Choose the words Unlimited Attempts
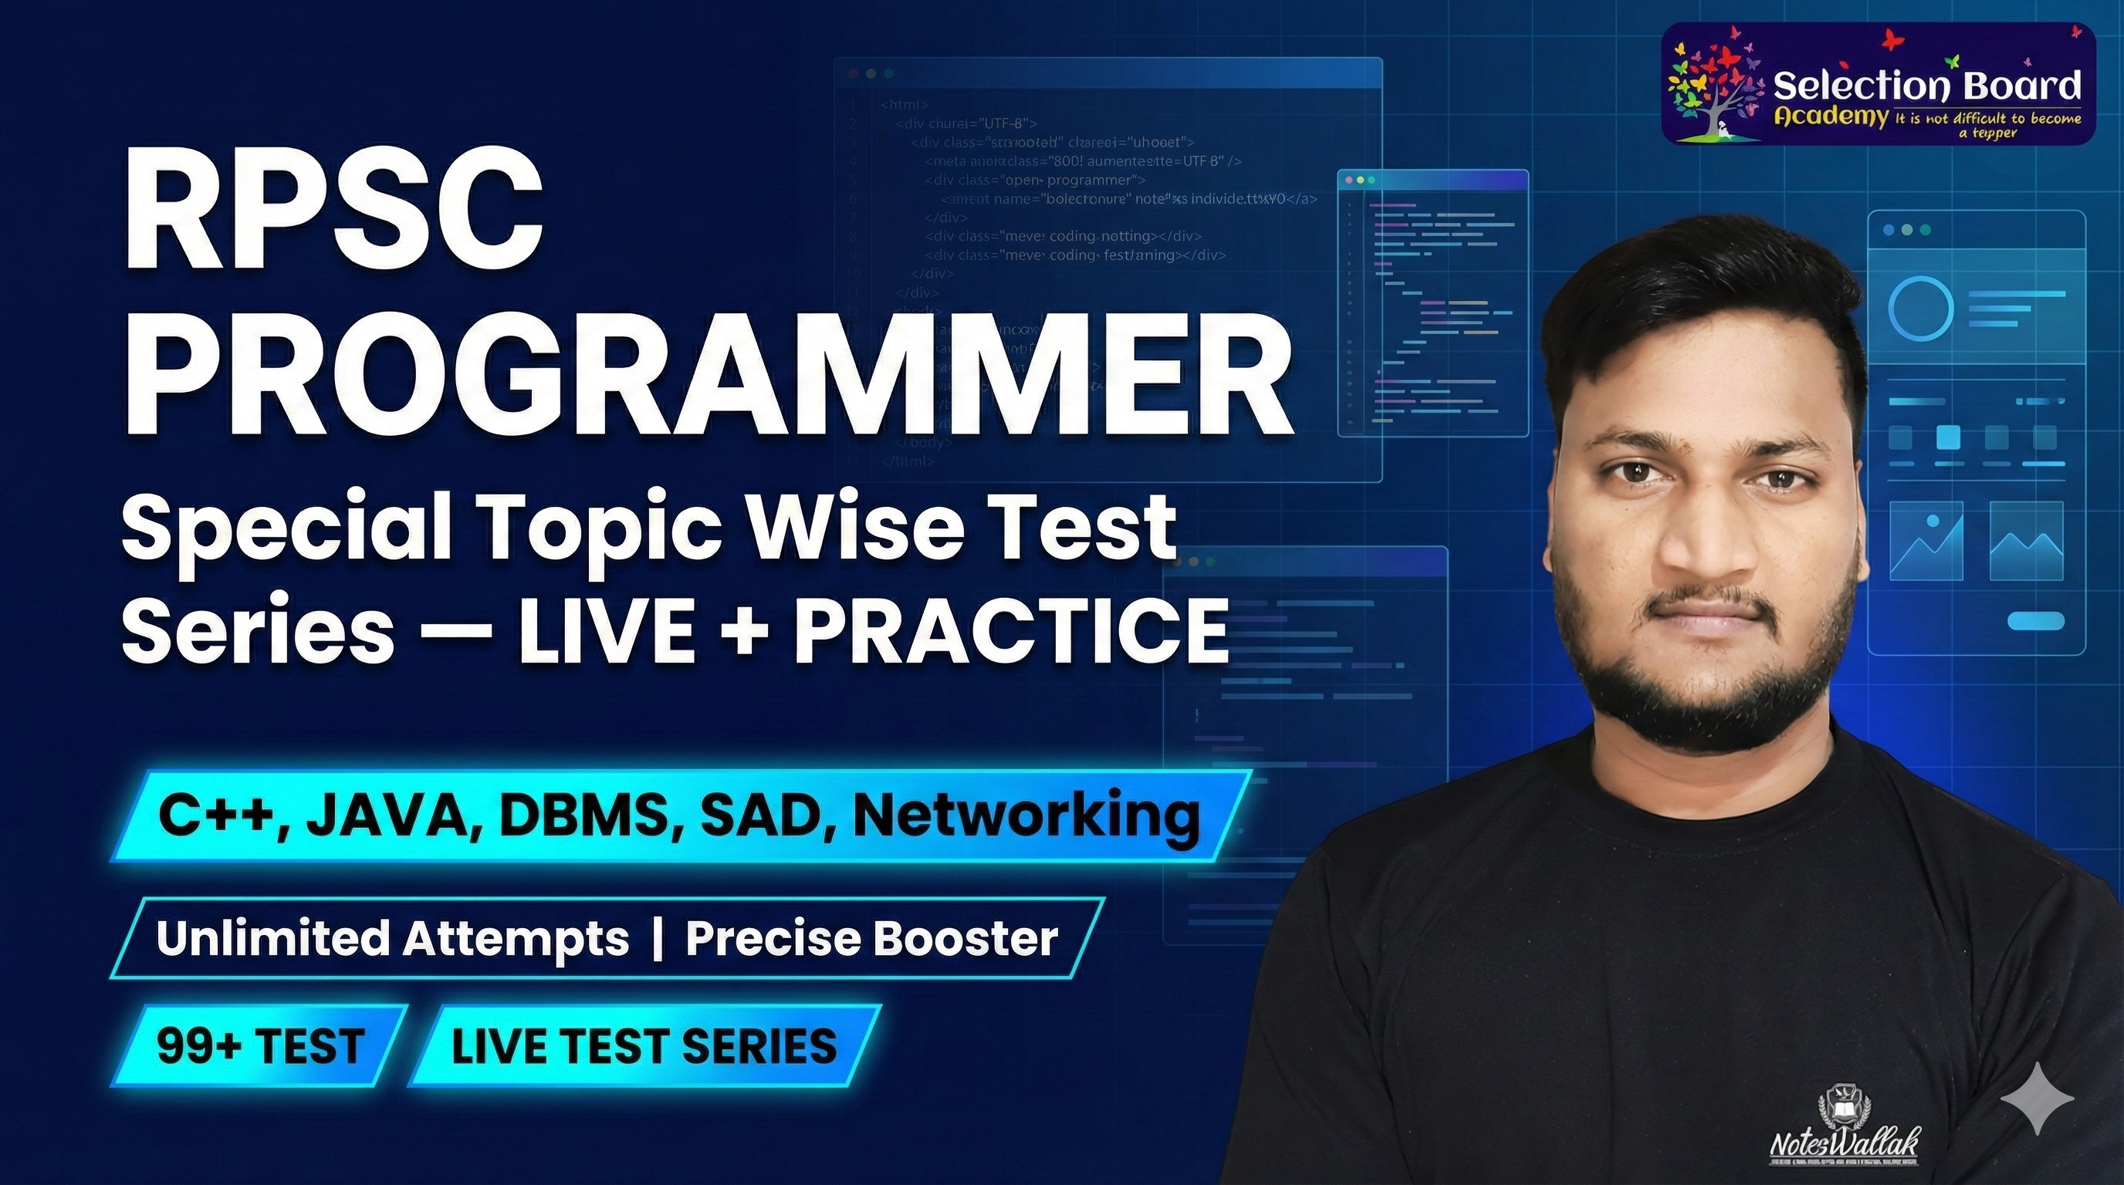point(391,939)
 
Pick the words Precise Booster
point(871,939)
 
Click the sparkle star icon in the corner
point(2037,1099)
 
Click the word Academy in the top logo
point(1831,117)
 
